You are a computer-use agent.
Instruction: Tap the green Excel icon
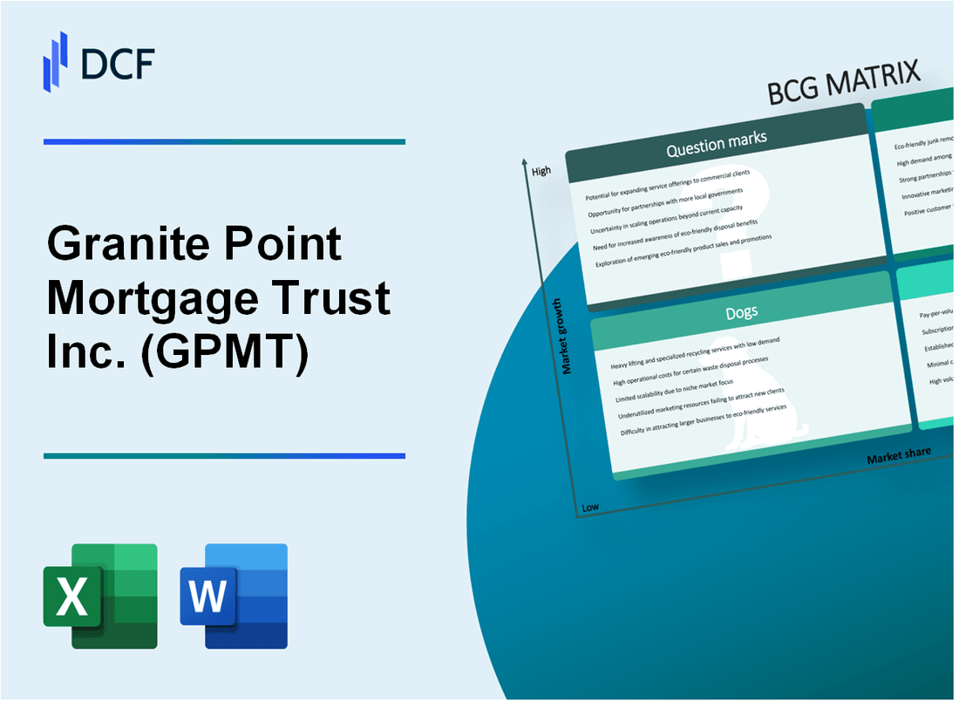pyautogui.click(x=100, y=596)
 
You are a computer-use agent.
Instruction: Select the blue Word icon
pyautogui.click(x=234, y=596)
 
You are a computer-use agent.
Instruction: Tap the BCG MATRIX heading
pyautogui.click(x=843, y=85)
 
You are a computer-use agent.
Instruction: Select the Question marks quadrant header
pyautogui.click(x=716, y=147)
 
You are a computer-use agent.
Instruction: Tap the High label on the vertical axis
pyautogui.click(x=541, y=171)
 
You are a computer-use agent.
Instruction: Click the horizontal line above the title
pyautogui.click(x=224, y=141)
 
